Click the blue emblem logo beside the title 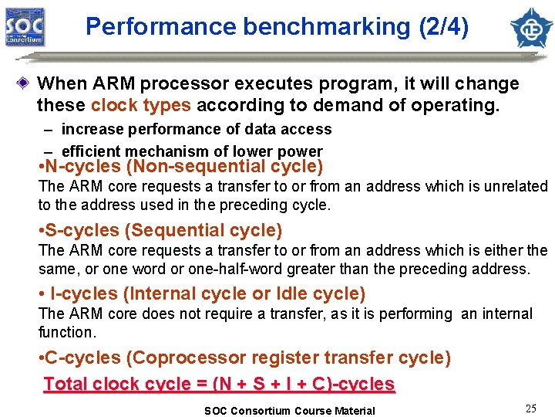coord(532,27)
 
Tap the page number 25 coord(530,409)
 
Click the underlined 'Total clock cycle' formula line coord(220,384)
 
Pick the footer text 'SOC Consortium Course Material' coord(289,411)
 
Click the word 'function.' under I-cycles coord(67,332)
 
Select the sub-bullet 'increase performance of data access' coord(196,129)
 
